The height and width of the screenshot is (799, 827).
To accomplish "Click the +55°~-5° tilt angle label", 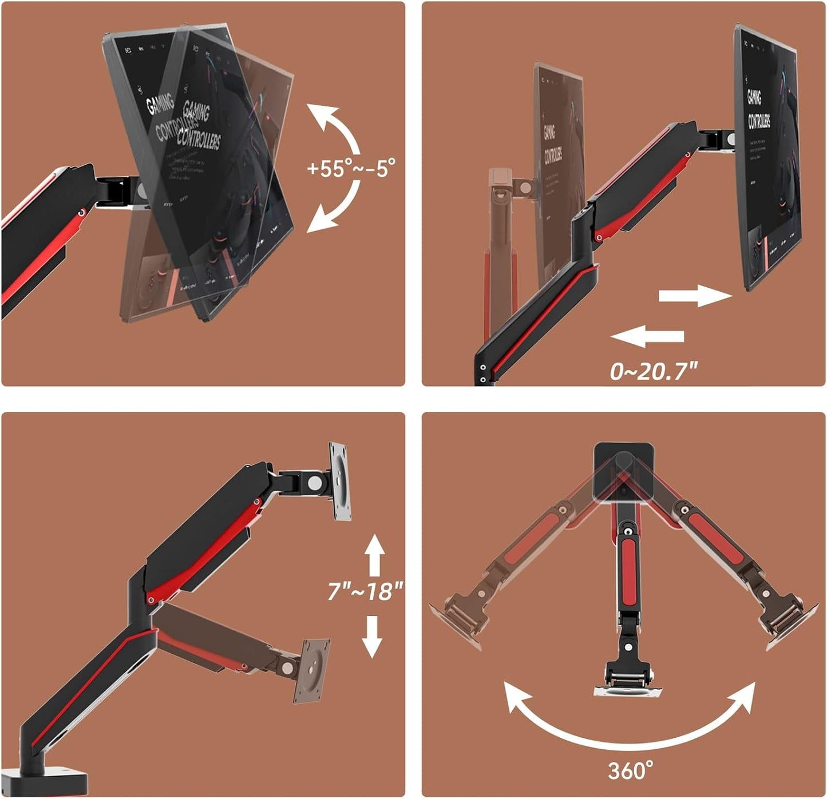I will point(350,169).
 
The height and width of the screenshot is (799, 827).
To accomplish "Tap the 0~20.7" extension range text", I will point(654,372).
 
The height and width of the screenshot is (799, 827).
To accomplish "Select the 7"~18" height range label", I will point(365,591).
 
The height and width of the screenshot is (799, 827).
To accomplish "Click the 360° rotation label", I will point(630,771).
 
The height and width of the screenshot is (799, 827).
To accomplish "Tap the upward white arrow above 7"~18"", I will point(374,555).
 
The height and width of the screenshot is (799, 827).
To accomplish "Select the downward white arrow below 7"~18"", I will point(372,636).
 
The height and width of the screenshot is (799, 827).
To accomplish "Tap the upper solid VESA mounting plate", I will point(339,482).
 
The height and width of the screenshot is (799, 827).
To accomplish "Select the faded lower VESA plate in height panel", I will point(311,670).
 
